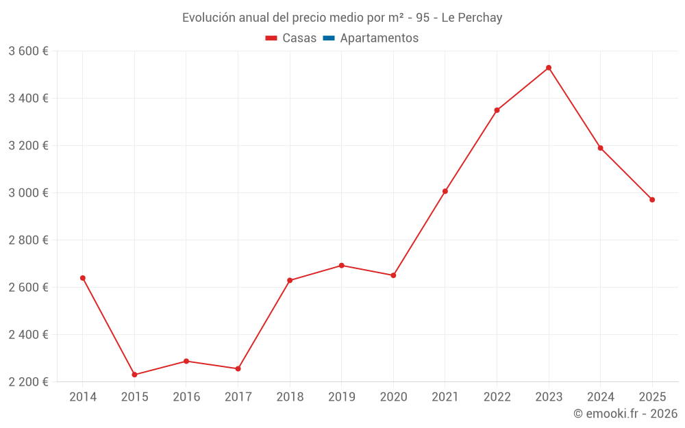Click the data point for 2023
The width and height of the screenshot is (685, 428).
(549, 68)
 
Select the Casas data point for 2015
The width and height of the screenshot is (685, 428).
(134, 375)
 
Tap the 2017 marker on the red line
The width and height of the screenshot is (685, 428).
(238, 369)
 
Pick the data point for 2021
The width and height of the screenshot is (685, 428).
(445, 191)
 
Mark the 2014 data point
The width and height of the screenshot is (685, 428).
(83, 278)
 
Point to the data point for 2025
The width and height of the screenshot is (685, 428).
(652, 200)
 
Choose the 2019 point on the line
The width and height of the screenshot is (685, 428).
(342, 266)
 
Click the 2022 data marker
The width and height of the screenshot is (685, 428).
(497, 110)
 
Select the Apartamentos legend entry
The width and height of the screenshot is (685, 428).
(379, 38)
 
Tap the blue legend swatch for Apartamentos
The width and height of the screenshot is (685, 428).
(328, 38)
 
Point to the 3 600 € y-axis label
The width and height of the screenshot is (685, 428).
(28, 51)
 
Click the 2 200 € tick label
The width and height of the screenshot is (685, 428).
(28, 382)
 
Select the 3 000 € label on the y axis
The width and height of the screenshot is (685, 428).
(28, 193)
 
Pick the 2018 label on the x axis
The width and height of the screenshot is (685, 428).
(290, 397)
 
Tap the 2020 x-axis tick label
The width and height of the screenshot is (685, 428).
(393, 397)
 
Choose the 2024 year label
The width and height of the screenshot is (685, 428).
(600, 397)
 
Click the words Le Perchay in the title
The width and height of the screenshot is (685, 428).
(472, 18)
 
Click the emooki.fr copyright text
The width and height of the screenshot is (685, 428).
(625, 414)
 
